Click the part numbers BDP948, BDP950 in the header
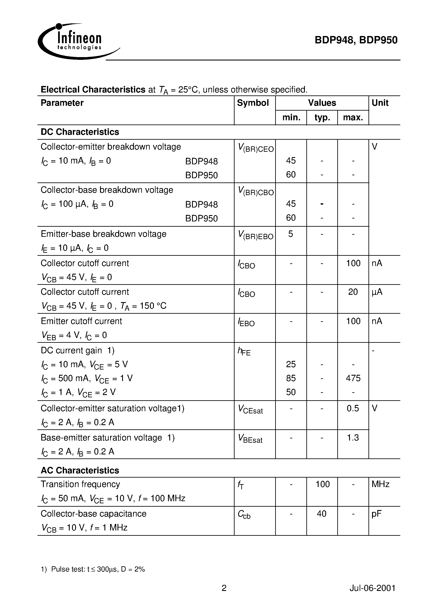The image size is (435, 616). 356,40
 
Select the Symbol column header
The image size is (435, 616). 253,103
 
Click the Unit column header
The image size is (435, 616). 380,103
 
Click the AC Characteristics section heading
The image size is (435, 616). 80,470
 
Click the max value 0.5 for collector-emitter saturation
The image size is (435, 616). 353,408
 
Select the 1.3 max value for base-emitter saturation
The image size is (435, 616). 353,438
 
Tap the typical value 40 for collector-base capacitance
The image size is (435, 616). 322,514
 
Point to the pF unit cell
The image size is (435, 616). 376,514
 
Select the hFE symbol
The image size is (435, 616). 244,351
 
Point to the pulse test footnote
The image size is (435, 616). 93,569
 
